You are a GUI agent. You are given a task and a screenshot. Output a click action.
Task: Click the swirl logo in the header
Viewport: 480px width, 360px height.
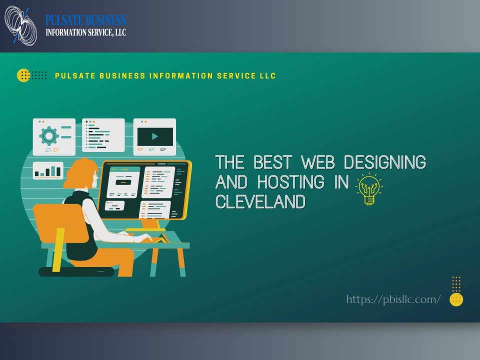click(x=20, y=25)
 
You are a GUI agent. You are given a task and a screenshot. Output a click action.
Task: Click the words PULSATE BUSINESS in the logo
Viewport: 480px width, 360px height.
click(x=85, y=20)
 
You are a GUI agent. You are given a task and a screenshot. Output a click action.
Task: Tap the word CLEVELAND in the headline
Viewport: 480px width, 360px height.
click(x=260, y=201)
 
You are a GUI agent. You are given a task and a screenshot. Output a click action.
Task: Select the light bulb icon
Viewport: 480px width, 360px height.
click(x=368, y=188)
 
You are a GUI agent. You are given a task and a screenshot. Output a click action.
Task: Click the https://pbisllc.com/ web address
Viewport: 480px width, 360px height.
click(x=393, y=299)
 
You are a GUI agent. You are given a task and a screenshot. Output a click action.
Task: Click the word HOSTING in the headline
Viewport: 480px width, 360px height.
click(x=290, y=182)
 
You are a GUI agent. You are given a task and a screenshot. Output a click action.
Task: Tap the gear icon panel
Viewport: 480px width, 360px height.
click(x=54, y=136)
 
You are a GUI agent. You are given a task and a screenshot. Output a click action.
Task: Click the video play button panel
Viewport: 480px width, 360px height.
click(x=154, y=136)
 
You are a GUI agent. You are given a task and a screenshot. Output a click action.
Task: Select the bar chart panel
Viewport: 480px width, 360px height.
click(x=48, y=171)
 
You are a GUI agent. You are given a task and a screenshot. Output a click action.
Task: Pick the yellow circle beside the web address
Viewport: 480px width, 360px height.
click(x=456, y=299)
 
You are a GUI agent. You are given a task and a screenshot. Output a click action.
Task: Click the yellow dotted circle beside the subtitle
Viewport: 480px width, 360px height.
click(x=23, y=75)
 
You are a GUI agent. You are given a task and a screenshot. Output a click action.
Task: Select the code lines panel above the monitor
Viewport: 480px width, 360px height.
click(x=103, y=135)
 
